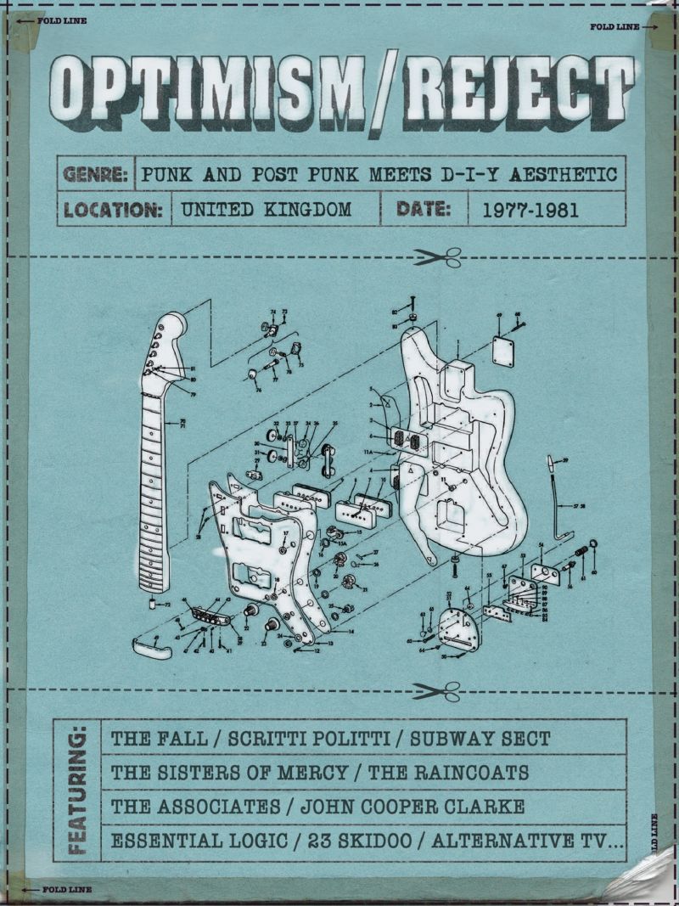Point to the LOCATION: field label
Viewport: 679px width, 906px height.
[x=112, y=210]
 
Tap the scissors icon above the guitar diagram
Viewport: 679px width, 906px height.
[x=439, y=256]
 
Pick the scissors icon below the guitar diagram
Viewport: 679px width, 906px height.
[x=439, y=689]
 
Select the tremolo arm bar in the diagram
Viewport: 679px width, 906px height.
[x=560, y=501]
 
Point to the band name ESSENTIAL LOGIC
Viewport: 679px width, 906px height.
[x=201, y=841]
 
